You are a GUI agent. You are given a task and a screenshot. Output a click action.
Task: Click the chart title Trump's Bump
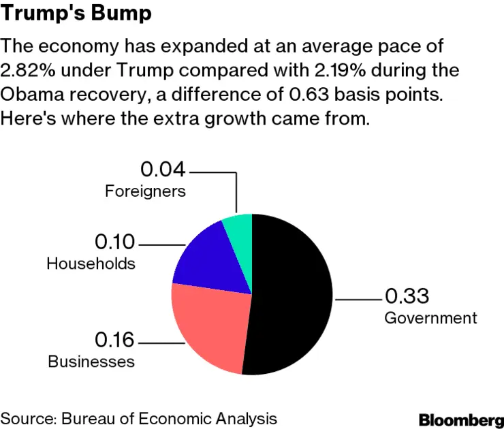pos(76,14)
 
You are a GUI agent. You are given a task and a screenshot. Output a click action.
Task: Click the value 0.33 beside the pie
pos(407,297)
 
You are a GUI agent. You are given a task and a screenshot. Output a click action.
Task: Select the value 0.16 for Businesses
pos(115,339)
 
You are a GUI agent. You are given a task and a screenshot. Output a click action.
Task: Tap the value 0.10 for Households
pos(115,242)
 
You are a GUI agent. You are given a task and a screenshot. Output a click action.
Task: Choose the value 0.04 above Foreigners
pos(163,169)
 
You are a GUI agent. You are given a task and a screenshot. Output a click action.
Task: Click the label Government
pos(430,318)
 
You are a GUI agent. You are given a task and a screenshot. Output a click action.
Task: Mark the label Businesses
pos(91,361)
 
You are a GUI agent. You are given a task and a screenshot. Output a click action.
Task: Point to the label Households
pos(91,264)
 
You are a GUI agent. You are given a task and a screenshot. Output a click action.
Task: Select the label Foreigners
pos(145,191)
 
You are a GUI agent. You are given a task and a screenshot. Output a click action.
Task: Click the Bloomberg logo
pos(461,418)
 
